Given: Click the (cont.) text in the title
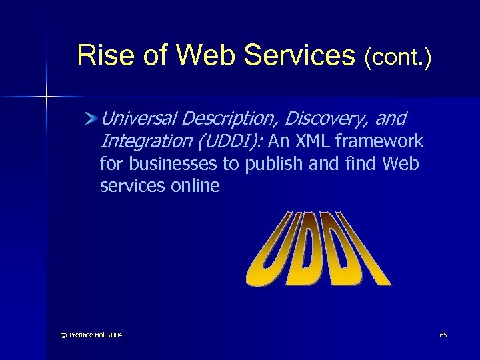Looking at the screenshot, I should pyautogui.click(x=397, y=57).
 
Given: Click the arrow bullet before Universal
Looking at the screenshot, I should pyautogui.click(x=91, y=119).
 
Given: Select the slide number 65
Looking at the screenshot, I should pyautogui.click(x=443, y=335).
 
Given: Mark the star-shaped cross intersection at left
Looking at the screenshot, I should pyautogui.click(x=46, y=97).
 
